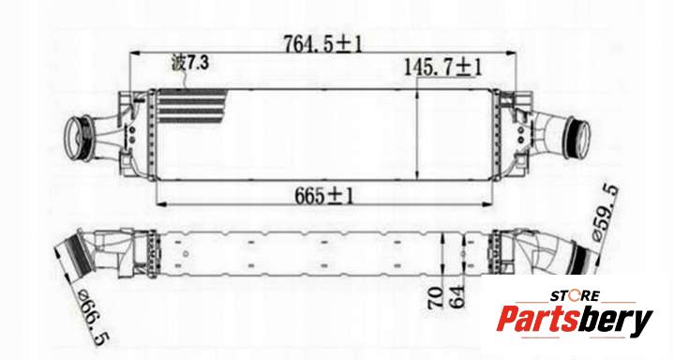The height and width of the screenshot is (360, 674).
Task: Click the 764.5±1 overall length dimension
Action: click(322, 43)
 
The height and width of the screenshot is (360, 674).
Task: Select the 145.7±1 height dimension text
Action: click(442, 67)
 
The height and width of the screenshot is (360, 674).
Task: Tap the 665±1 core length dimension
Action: click(324, 196)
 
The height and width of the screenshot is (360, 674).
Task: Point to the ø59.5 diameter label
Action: click(606, 213)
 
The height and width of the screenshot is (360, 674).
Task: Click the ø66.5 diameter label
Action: click(93, 317)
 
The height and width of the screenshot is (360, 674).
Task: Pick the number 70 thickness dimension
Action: click(436, 297)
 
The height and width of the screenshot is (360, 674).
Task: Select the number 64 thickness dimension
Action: click(457, 296)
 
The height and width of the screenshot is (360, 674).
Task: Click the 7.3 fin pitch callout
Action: click(198, 63)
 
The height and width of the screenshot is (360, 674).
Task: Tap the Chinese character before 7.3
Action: click(178, 63)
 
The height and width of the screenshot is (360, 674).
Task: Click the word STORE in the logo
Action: click(575, 296)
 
